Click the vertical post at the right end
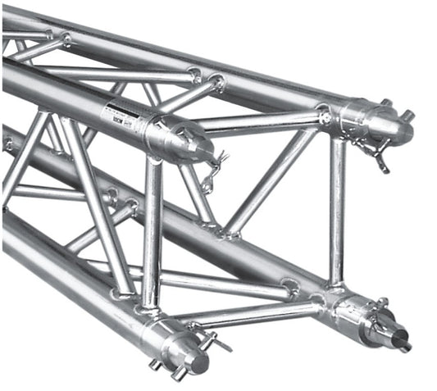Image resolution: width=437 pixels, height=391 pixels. pos(337,213)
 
